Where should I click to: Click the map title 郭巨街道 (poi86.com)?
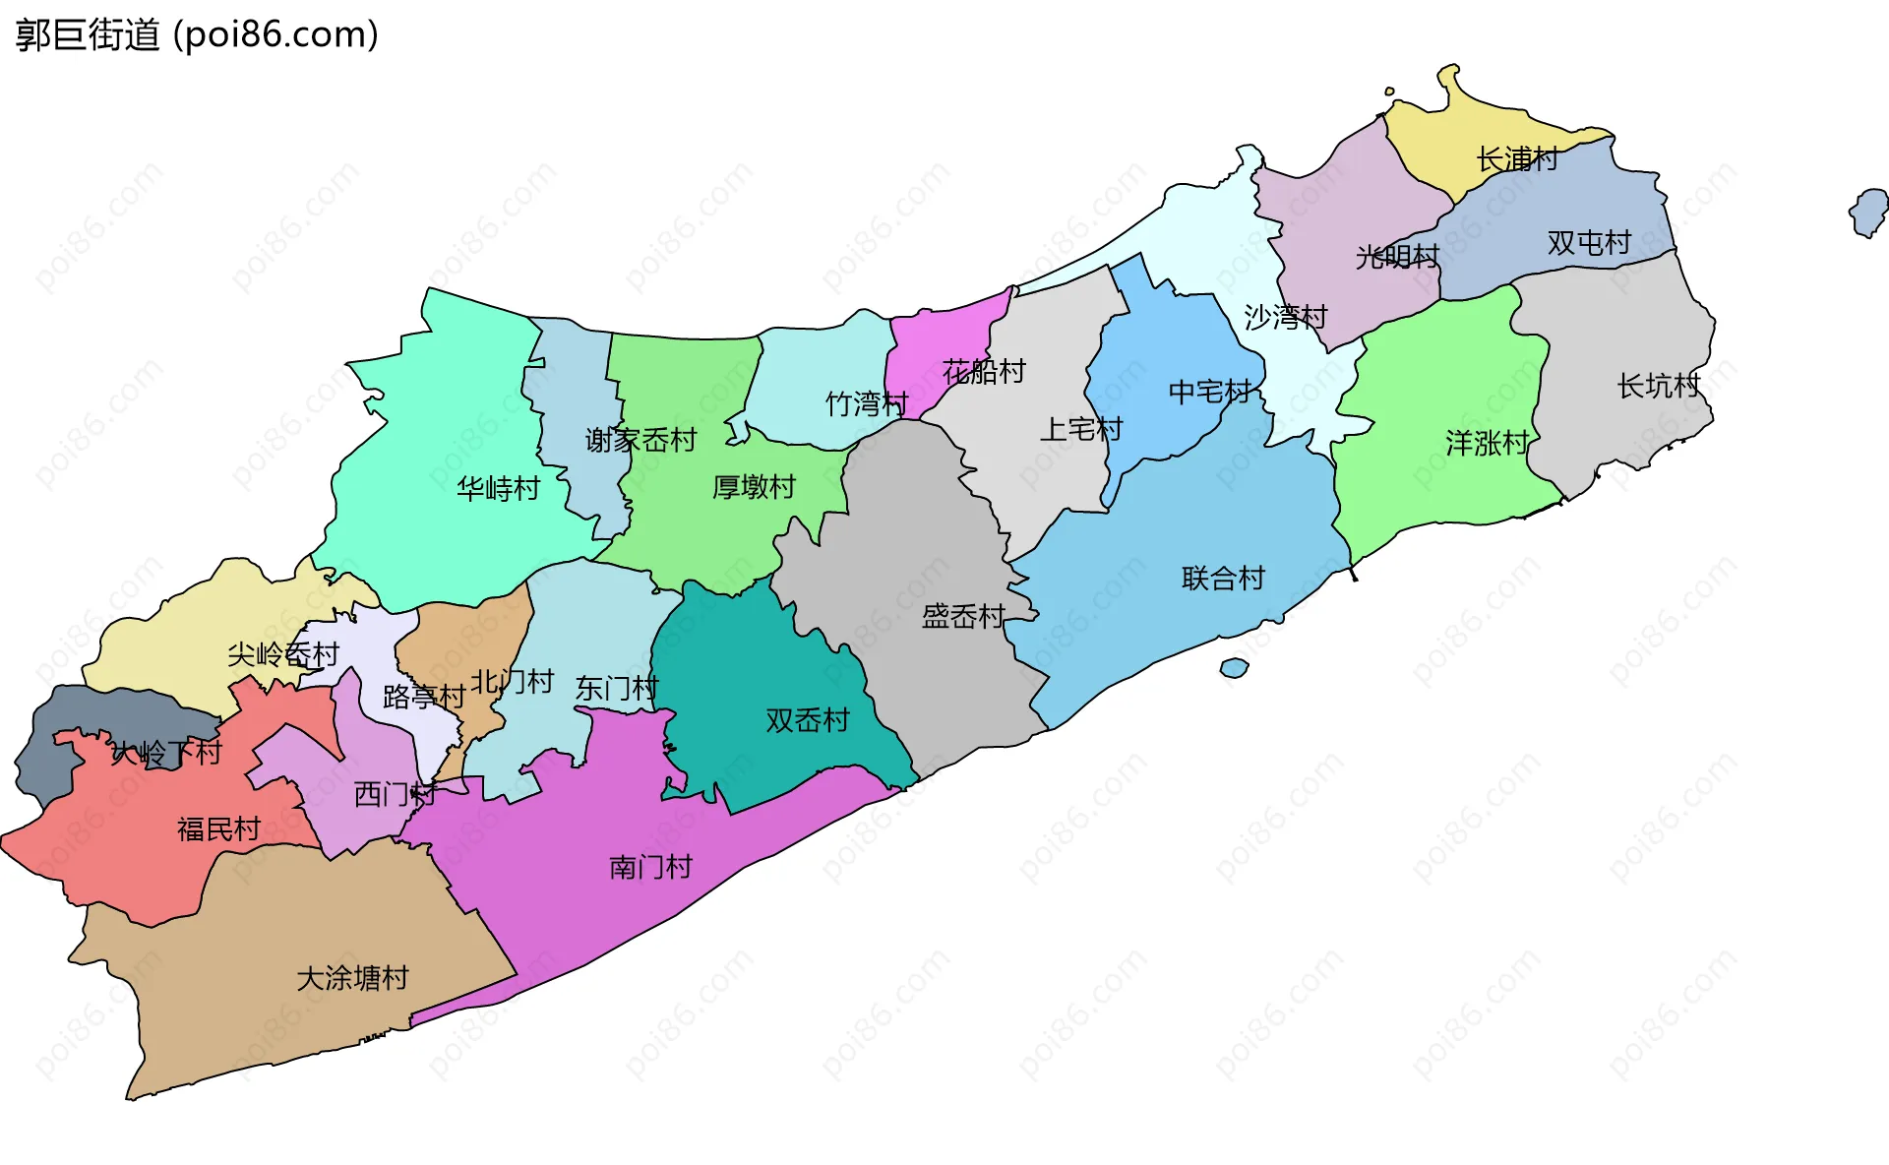(x=197, y=35)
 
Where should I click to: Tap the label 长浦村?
(x=1517, y=158)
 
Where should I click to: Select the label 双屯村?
(x=1588, y=242)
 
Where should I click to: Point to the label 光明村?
(x=1397, y=257)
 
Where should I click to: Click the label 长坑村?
(x=1659, y=386)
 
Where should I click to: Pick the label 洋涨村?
(x=1487, y=443)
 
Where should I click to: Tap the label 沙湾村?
(x=1285, y=317)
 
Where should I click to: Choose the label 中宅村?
(x=1209, y=392)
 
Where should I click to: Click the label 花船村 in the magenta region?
(x=984, y=371)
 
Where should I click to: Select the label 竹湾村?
(x=866, y=403)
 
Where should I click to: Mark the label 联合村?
(x=1223, y=578)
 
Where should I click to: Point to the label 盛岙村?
(x=962, y=616)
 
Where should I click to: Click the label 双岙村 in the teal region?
(x=807, y=720)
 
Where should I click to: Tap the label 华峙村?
(x=498, y=488)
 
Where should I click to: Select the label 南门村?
(x=650, y=867)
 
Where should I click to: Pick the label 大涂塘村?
(x=352, y=978)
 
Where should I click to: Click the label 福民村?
(x=218, y=829)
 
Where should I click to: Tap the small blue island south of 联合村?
(x=1234, y=668)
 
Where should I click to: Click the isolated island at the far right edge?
(x=1868, y=213)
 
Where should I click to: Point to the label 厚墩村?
(x=754, y=486)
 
